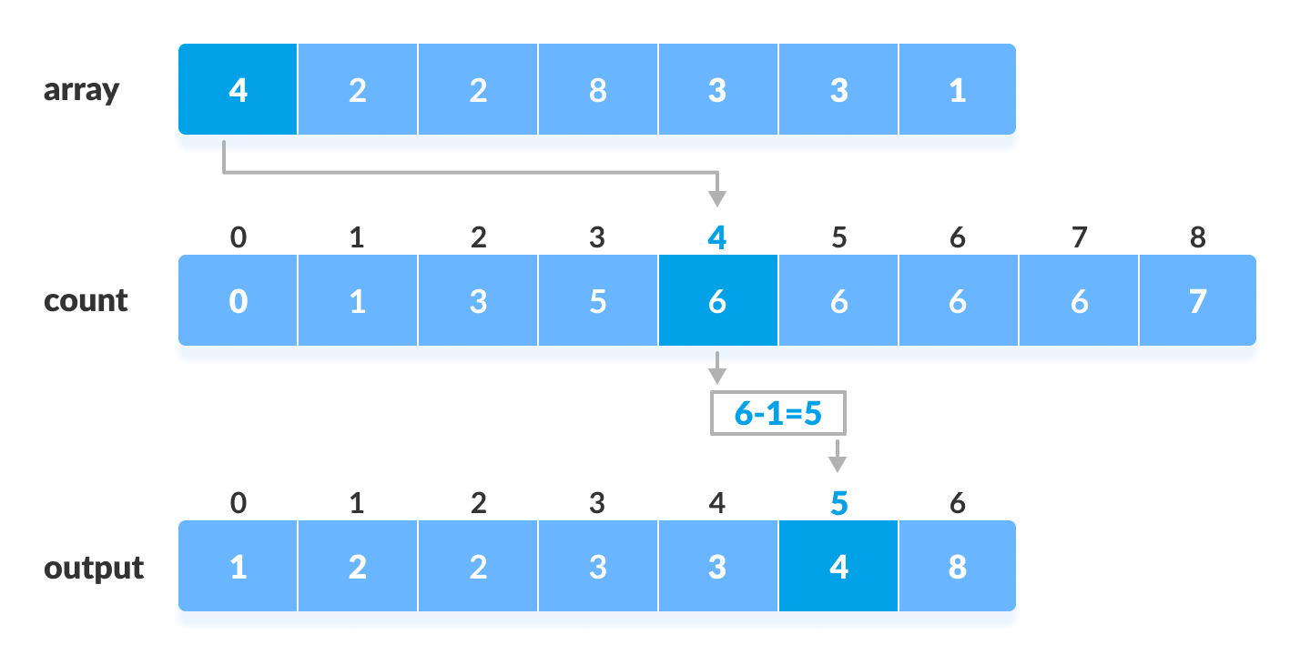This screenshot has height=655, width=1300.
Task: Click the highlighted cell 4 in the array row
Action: [238, 90]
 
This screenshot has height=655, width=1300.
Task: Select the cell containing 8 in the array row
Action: [597, 90]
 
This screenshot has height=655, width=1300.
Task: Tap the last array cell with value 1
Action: [957, 90]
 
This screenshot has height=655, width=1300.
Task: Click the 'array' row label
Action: [81, 91]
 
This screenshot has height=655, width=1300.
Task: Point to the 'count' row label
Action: [86, 301]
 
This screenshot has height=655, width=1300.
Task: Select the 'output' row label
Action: [94, 569]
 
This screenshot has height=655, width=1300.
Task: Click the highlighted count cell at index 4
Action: [717, 301]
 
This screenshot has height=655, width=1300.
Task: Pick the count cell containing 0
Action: [238, 301]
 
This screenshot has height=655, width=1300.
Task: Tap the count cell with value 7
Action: [1198, 301]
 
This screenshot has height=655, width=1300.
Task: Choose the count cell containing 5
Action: [597, 301]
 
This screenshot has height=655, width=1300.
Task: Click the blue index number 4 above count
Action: [717, 238]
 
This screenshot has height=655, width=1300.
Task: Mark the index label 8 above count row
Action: [1198, 238]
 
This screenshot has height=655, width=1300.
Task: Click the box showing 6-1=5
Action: [777, 413]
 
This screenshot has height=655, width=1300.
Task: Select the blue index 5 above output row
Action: [838, 504]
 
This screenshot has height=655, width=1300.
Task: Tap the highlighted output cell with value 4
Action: [838, 568]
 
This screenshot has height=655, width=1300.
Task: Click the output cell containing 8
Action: [957, 568]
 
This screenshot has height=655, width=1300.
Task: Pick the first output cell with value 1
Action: [238, 568]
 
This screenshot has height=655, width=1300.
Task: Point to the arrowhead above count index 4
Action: [717, 199]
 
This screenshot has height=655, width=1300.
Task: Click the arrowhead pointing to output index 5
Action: [838, 464]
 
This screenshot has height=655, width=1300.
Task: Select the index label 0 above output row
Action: [238, 504]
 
